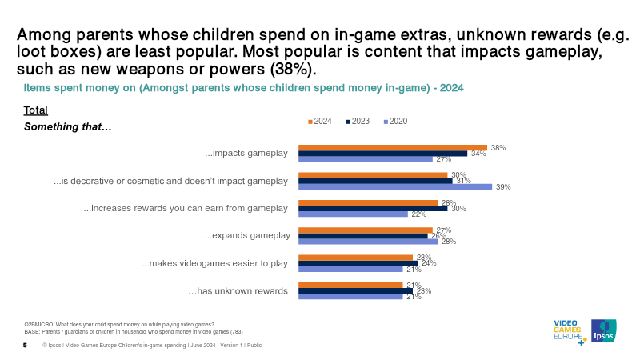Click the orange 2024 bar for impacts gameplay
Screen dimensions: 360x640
(x=392, y=147)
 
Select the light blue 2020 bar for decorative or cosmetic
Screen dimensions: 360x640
(x=395, y=187)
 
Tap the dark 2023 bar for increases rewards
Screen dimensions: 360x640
(x=373, y=208)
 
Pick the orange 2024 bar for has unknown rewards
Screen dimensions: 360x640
(x=350, y=284)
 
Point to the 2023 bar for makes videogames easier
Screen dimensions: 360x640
(x=358, y=263)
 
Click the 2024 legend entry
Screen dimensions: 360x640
(x=320, y=121)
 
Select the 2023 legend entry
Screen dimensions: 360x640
(x=358, y=121)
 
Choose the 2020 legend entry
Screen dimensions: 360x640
(x=395, y=121)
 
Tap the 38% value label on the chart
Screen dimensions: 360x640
(x=498, y=148)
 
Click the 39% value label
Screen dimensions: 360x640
(x=503, y=187)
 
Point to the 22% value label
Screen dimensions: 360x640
(x=417, y=214)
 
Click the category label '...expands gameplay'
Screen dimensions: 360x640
(x=247, y=235)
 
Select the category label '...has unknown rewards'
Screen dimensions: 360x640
(x=238, y=290)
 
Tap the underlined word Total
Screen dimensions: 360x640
(x=36, y=110)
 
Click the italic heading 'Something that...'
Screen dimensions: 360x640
(x=68, y=126)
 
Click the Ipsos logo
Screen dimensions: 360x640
(x=602, y=330)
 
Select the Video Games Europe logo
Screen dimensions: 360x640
(x=569, y=331)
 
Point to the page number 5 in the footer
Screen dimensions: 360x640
(x=25, y=345)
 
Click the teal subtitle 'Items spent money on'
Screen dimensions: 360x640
(x=243, y=86)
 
